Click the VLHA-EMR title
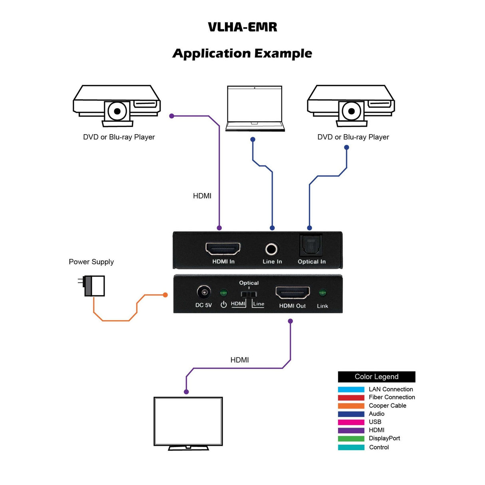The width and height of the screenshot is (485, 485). tap(242, 27)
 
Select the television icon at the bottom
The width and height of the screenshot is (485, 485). tap(188, 421)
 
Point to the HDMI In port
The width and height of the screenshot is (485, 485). tap(223, 248)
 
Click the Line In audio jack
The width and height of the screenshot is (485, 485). tap(272, 249)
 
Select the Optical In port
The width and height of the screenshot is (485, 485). tap(311, 245)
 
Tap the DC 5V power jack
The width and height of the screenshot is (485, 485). tap(204, 293)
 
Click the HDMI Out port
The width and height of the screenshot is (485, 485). tap(292, 293)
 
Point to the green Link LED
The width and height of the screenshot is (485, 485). tap(322, 293)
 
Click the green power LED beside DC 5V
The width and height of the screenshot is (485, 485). tap(224, 293)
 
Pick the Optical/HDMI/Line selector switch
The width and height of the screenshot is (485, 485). tap(249, 294)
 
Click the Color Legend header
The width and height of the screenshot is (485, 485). tap(376, 377)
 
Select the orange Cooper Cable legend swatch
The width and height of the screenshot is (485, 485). tap(351, 406)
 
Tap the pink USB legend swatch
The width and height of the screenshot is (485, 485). tap(351, 422)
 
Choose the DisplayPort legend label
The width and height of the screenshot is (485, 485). tap(384, 438)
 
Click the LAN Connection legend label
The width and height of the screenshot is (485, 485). tap(391, 389)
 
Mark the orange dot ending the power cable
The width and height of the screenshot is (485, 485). tap(165, 295)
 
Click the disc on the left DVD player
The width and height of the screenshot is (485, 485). tap(117, 111)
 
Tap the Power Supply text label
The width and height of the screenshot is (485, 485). tap(91, 262)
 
